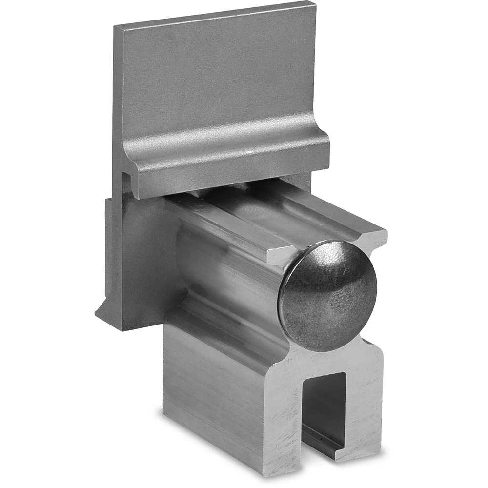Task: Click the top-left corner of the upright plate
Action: [115, 26]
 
